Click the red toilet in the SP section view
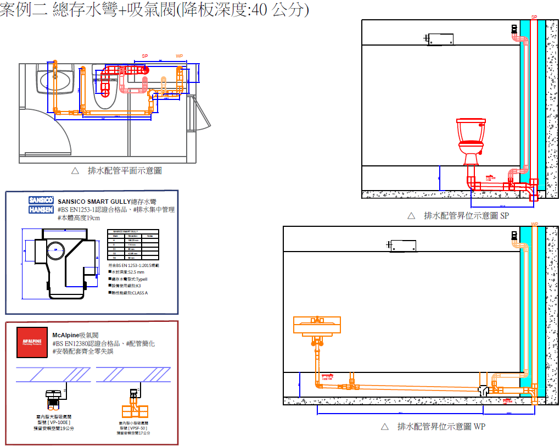click(x=471, y=141)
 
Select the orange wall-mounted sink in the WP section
click(x=317, y=326)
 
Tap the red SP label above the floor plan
click(x=145, y=56)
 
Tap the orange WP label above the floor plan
click(x=179, y=56)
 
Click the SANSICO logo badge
click(x=40, y=200)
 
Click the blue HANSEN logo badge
click(x=40, y=209)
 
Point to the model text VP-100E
click(x=53, y=422)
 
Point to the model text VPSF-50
click(x=135, y=427)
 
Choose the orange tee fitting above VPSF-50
click(x=134, y=411)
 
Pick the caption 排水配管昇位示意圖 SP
click(x=466, y=216)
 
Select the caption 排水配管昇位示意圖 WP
click(x=441, y=426)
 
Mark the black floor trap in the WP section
click(x=484, y=391)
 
